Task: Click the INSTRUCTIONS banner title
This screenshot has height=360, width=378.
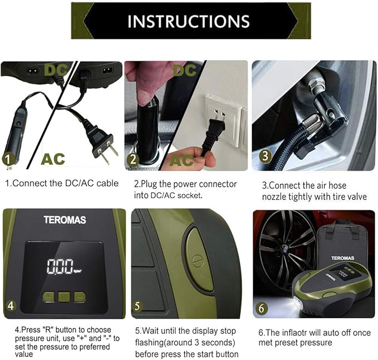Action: [x=189, y=21]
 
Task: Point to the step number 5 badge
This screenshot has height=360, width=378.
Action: [x=138, y=306]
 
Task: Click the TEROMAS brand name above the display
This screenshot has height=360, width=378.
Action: [x=65, y=220]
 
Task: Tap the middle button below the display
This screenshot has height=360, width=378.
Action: [x=63, y=297]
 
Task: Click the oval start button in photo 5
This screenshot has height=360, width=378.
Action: [x=198, y=259]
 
